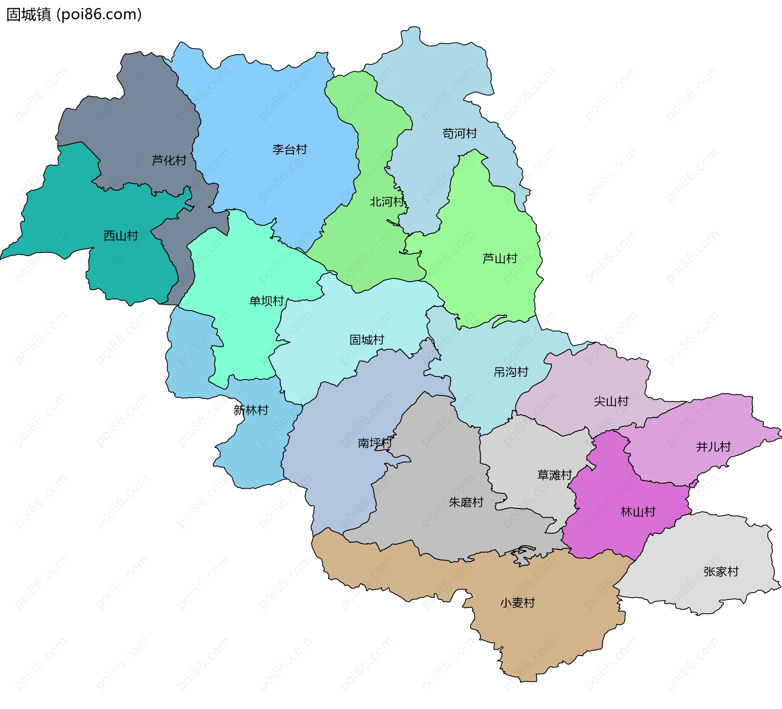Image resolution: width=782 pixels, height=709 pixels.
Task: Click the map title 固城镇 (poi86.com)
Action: click(74, 14)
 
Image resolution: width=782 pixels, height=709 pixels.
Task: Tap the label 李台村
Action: click(290, 150)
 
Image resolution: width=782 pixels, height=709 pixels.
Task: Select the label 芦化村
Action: click(169, 160)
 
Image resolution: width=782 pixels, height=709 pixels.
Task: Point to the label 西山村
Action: click(121, 236)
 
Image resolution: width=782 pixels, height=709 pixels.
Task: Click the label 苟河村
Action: click(459, 133)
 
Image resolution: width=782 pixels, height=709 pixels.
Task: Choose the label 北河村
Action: click(387, 202)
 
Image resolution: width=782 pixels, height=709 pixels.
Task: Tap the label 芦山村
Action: click(500, 258)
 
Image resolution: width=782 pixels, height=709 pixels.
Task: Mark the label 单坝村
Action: click(266, 301)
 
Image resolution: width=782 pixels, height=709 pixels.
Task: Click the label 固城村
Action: click(367, 340)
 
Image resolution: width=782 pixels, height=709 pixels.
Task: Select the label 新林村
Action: click(251, 410)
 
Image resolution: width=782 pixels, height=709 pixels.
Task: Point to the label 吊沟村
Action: click(511, 372)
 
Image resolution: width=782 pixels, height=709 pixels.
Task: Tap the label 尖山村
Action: click(611, 401)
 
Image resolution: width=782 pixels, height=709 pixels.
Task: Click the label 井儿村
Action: click(713, 447)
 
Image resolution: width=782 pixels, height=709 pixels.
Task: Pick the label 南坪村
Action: click(375, 443)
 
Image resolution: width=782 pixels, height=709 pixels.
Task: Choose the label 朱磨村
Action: click(466, 502)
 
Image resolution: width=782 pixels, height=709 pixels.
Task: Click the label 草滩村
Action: click(555, 475)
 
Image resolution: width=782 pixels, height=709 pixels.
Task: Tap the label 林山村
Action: click(638, 512)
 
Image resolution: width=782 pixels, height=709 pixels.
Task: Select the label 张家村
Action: click(721, 572)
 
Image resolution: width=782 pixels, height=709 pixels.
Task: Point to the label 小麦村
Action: click(517, 603)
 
